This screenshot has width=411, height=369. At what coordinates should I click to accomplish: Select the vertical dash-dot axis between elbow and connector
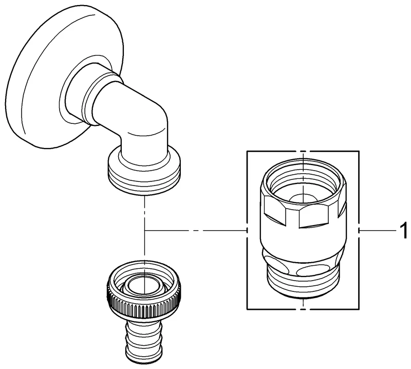tap(146, 216)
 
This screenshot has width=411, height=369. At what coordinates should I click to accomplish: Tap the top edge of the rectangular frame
tap(277, 151)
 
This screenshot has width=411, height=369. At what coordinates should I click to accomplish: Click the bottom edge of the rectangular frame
tap(277, 309)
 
